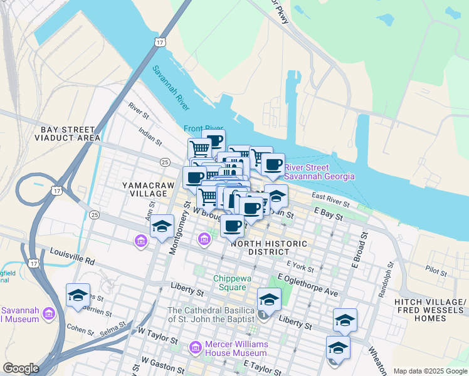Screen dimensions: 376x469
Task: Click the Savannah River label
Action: [x=169, y=93]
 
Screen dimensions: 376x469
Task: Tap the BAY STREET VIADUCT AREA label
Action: [x=68, y=133]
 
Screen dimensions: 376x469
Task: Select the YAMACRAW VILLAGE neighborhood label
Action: [x=145, y=190]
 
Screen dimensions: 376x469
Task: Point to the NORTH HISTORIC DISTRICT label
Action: [x=269, y=248]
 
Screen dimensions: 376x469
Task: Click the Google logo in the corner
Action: [x=21, y=368]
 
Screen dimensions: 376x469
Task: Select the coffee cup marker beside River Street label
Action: [x=273, y=165]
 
